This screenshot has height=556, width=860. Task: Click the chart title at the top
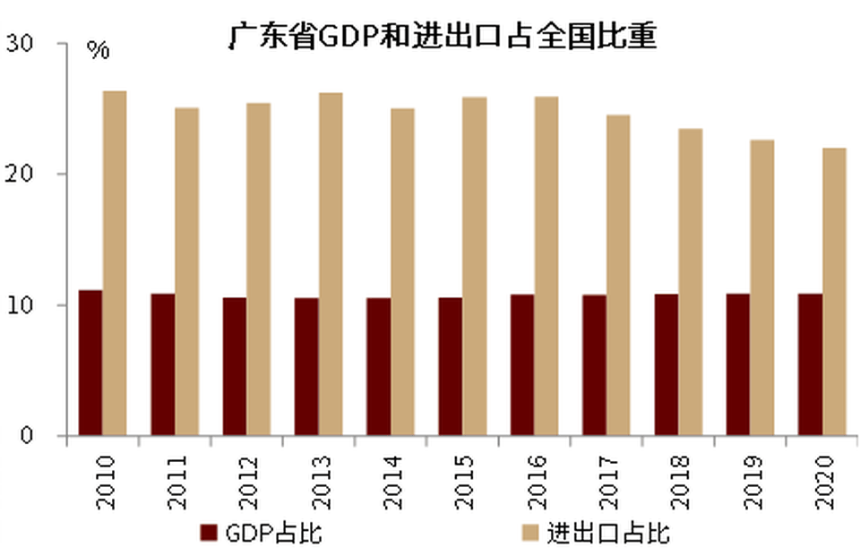click(442, 37)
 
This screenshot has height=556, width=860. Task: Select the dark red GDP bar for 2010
click(90, 363)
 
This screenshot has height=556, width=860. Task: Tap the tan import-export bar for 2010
click(115, 263)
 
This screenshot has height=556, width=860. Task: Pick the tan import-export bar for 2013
click(331, 264)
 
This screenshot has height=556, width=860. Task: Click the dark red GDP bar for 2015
click(451, 367)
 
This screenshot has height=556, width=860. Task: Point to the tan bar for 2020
click(834, 292)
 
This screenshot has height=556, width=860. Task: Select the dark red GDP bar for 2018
click(666, 365)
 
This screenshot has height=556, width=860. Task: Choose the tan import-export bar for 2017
click(618, 275)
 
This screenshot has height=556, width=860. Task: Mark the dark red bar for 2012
click(235, 367)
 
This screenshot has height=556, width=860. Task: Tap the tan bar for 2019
click(762, 288)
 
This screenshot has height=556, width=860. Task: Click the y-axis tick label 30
click(21, 43)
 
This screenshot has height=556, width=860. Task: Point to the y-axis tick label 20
click(21, 174)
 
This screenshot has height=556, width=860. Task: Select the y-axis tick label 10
click(21, 305)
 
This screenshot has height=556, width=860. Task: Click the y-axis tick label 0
click(27, 435)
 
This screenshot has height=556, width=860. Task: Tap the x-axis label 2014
click(392, 483)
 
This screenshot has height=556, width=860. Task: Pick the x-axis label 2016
click(537, 483)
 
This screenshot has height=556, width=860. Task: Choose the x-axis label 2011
click(176, 483)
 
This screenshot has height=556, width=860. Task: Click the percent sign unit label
click(99, 50)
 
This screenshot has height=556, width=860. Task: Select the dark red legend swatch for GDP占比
click(209, 533)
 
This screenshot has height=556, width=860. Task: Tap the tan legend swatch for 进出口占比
click(530, 533)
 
